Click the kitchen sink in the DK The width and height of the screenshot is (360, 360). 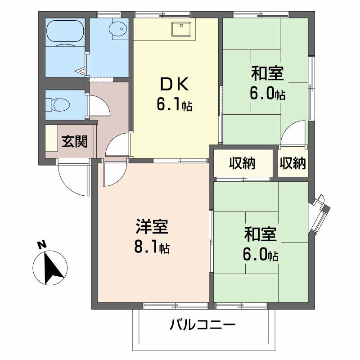coord(182,29)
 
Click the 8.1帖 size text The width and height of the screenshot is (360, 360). coord(152,247)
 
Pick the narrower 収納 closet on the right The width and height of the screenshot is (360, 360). coord(292,163)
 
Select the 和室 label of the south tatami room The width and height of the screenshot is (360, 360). coord(260,234)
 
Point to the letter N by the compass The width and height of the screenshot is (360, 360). coord(41,245)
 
